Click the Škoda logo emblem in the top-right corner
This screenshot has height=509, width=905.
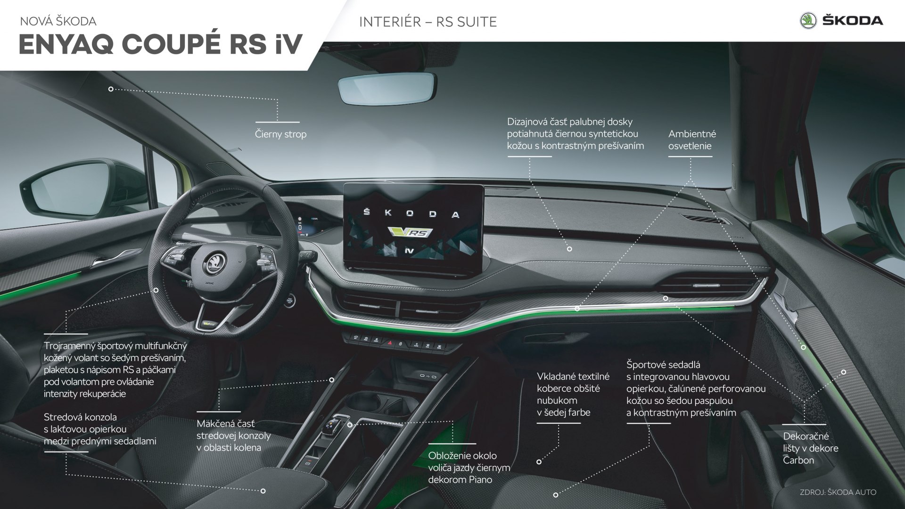[x=809, y=21]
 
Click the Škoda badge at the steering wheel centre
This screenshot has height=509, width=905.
[x=215, y=261]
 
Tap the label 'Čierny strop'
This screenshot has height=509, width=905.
[x=280, y=134]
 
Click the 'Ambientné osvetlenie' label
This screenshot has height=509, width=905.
[x=691, y=140]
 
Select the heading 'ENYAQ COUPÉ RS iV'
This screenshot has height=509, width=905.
[x=160, y=45]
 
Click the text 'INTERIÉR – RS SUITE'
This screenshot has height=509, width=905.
[x=428, y=22]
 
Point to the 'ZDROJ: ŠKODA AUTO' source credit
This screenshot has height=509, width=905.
[x=838, y=492]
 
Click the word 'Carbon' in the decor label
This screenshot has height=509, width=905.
[x=798, y=460]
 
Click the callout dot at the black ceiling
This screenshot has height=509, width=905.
[x=111, y=89]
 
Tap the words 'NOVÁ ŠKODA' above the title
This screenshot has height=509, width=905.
[x=58, y=21]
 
